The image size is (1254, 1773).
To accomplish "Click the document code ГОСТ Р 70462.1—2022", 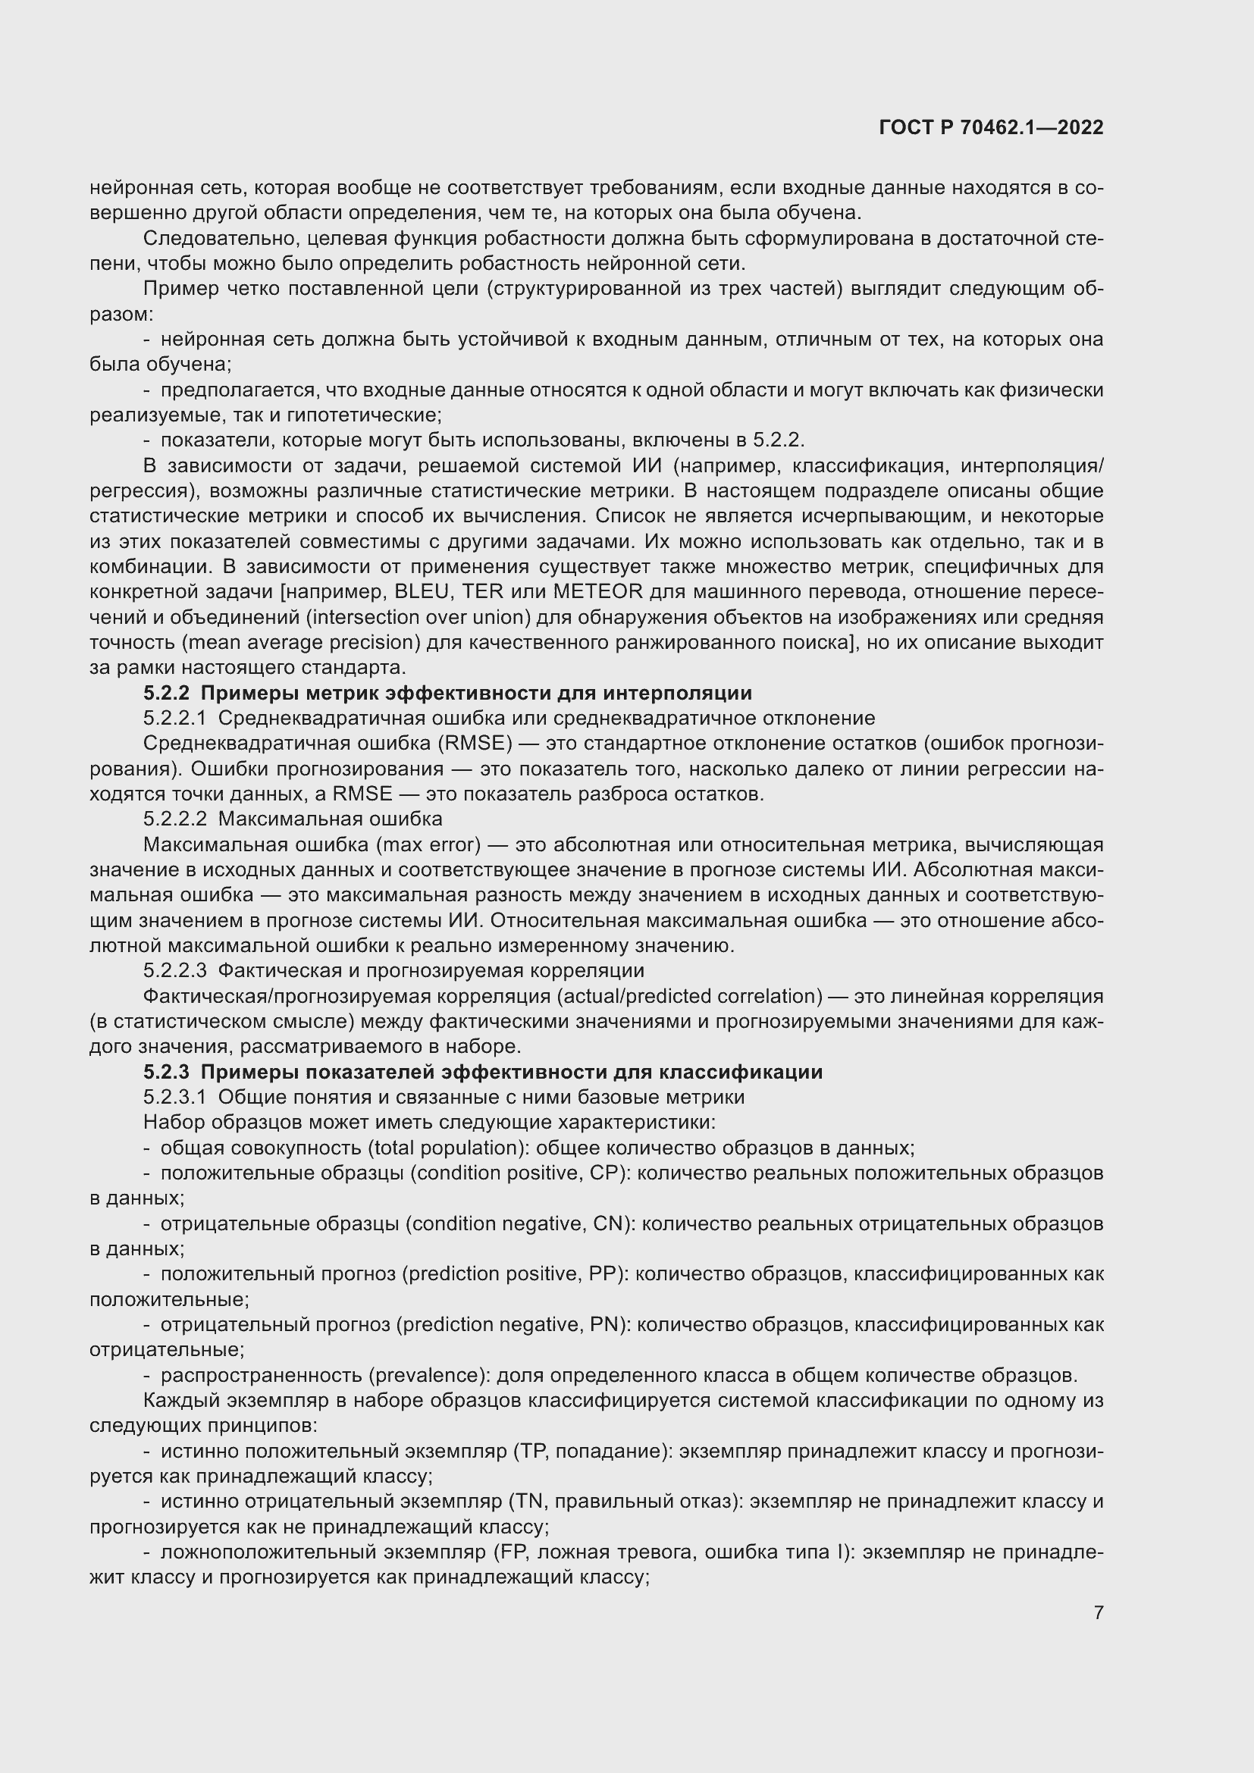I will pyautogui.click(x=991, y=127).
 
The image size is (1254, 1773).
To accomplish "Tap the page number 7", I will pyautogui.click(x=1098, y=1612).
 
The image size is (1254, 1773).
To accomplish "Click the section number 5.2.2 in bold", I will pyautogui.click(x=166, y=693).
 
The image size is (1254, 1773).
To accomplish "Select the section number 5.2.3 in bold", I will pyautogui.click(x=166, y=1072).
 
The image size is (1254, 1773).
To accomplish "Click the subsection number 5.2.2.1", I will pyautogui.click(x=174, y=718).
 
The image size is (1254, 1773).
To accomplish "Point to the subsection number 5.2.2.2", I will pyautogui.click(x=174, y=819).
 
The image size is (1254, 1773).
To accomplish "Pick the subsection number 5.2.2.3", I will pyautogui.click(x=174, y=971).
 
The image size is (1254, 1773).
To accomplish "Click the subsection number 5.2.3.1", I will pyautogui.click(x=174, y=1098).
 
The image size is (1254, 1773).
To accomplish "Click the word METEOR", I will pyautogui.click(x=597, y=591).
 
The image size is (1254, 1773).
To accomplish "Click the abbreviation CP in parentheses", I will pyautogui.click(x=604, y=1173).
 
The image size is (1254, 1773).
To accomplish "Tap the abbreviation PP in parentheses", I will pyautogui.click(x=601, y=1274).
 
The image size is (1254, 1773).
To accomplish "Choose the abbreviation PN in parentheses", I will pyautogui.click(x=604, y=1325).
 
